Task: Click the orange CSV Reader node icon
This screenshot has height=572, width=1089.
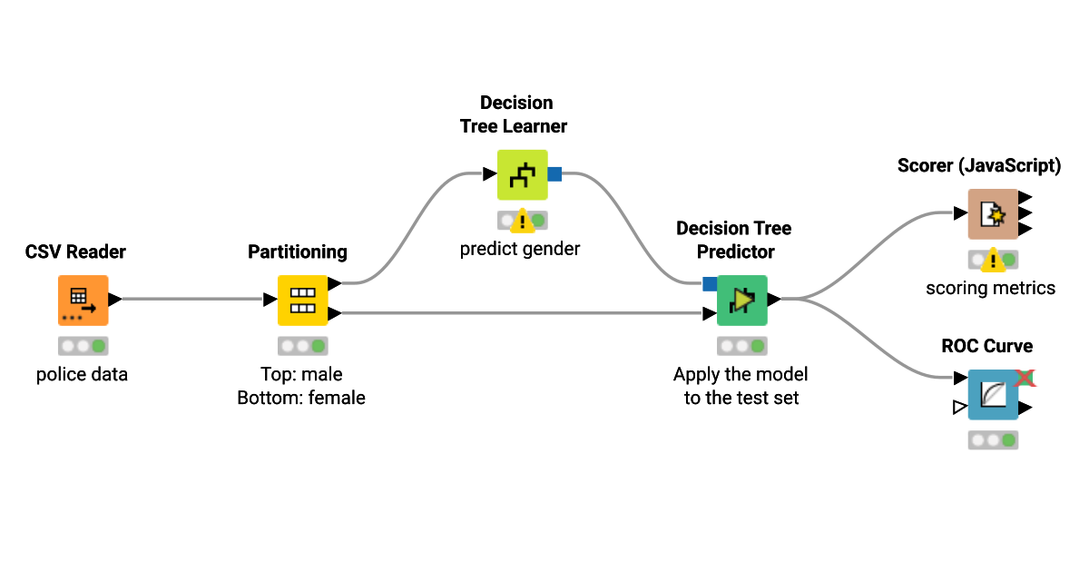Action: tap(83, 300)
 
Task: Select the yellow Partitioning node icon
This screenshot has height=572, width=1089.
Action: tap(302, 300)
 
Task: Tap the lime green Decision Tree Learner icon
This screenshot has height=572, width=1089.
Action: tap(522, 174)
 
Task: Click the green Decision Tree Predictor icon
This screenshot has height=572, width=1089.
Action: tap(741, 300)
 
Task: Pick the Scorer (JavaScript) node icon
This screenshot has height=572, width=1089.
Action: tap(992, 214)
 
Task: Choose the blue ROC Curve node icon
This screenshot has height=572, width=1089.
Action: tap(992, 394)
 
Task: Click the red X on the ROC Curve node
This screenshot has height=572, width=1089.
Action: tap(1025, 377)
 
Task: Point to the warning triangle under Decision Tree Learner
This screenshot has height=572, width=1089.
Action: tap(523, 222)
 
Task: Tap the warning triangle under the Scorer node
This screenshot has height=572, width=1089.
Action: tap(993, 261)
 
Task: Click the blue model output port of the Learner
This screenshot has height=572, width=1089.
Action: tap(554, 174)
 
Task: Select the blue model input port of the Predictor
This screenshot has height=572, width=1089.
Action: tap(710, 284)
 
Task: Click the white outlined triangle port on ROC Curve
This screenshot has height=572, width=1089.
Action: tap(959, 408)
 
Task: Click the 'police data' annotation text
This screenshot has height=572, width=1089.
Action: tap(82, 374)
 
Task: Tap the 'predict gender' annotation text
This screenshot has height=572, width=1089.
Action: tap(519, 249)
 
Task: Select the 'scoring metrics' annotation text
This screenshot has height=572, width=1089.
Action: tap(990, 289)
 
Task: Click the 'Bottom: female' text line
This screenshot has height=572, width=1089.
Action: tap(301, 398)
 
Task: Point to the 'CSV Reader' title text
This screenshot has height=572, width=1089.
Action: tap(75, 251)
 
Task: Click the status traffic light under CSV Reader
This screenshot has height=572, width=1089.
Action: tap(83, 346)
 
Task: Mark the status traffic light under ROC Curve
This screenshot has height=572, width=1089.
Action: tap(993, 440)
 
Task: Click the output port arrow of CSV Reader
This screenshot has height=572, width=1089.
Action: tap(115, 299)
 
